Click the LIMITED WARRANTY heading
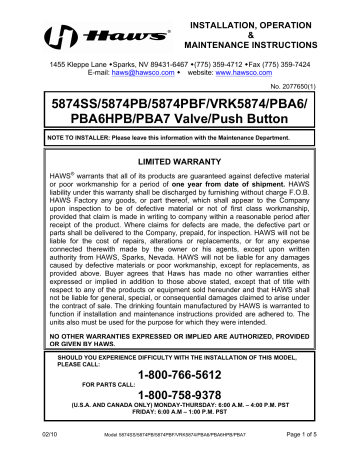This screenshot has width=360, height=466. coord(179,161)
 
